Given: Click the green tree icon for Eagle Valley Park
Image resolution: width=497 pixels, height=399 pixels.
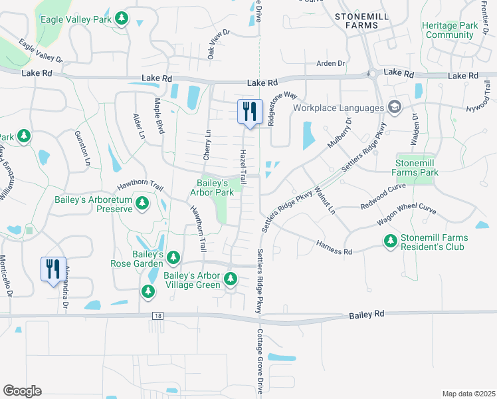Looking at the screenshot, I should pos(121,19).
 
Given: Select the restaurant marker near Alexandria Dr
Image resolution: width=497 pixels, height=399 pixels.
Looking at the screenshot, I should pos(53,269).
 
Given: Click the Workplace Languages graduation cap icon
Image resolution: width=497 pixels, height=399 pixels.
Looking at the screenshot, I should pos(395,108).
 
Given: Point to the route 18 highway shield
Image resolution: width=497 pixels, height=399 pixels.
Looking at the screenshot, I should pos(155,317).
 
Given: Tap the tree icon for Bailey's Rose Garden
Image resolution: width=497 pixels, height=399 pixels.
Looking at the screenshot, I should pos(173,257).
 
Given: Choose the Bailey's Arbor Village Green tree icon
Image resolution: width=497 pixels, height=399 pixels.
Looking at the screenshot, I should pos(230,279).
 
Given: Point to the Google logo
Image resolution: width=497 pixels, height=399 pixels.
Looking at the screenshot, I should pos(22,391).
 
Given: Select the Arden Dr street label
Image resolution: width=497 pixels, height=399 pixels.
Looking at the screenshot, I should pos(331,64).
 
